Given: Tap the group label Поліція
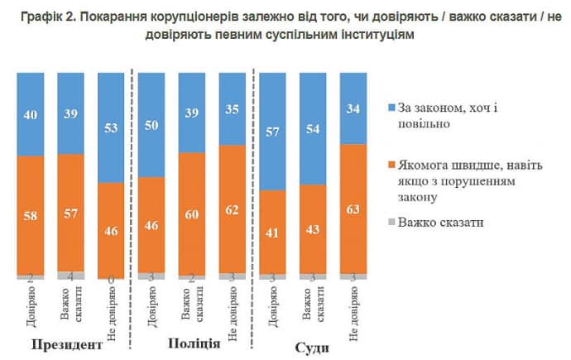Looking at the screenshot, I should [x=194, y=343].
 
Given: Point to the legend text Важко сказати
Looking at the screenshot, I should [x=441, y=223].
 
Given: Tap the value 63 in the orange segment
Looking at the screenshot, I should [x=353, y=209].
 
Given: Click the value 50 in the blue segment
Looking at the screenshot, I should [x=151, y=124].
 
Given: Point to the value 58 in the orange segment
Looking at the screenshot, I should [x=31, y=215].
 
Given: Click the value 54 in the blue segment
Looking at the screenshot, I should [x=313, y=129].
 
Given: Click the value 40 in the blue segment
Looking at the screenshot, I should [x=31, y=114].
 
